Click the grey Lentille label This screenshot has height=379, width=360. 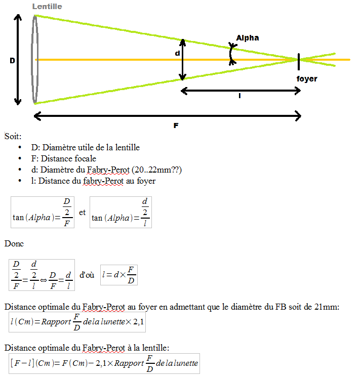click(47, 7)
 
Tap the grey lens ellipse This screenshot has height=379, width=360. click(34, 59)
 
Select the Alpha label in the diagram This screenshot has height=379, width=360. click(248, 38)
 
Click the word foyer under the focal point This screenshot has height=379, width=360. click(307, 79)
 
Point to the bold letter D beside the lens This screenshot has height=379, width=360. click(12, 61)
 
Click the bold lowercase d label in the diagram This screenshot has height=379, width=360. click(177, 53)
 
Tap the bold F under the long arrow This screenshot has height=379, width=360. click(176, 125)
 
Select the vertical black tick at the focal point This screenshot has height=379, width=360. click(299, 61)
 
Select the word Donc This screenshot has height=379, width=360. click(14, 243)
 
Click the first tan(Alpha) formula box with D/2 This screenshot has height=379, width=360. click(43, 212)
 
